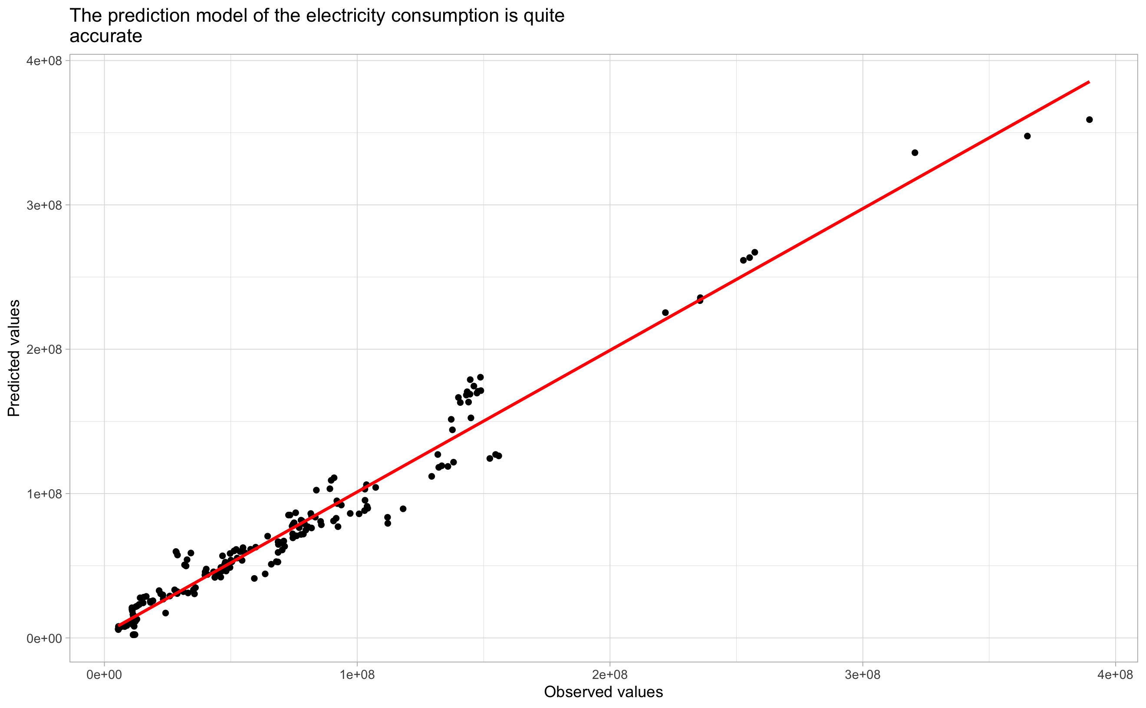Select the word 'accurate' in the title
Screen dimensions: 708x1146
tap(106, 36)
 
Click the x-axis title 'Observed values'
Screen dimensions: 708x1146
tap(603, 692)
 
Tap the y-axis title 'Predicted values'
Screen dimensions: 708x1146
tap(14, 358)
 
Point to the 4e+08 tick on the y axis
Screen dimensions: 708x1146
tap(44, 61)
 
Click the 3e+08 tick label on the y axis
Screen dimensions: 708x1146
tap(44, 205)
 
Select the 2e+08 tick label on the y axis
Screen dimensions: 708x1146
tap(44, 349)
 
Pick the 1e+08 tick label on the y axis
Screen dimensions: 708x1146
tap(44, 494)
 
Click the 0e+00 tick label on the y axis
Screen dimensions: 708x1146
tap(44, 638)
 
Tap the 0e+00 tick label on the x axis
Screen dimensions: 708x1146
tap(104, 675)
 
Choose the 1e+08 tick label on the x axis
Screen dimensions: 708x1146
tap(357, 675)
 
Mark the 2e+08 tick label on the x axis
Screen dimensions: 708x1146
tap(610, 675)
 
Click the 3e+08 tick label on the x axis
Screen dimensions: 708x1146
tap(863, 675)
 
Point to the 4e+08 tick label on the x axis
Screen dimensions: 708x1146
tap(1116, 675)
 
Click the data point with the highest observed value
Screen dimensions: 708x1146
tap(1090, 120)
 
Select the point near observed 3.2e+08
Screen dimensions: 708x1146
tap(915, 153)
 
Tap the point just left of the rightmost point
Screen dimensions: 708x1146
tap(1027, 136)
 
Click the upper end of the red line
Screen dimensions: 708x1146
tap(1089, 82)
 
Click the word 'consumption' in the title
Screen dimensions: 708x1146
tap(453, 16)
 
